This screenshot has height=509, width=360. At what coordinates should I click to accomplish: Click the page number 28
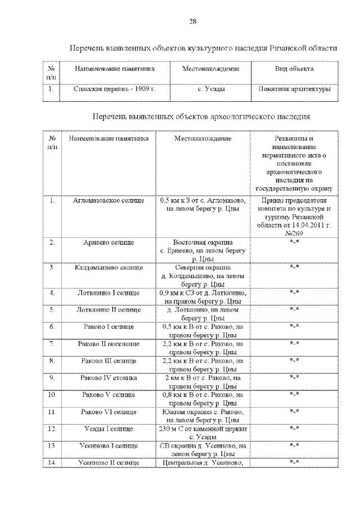pos(192,21)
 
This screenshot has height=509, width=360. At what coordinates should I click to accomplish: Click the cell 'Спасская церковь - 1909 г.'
pos(107,89)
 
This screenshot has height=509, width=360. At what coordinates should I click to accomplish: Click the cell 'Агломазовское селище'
pos(109,201)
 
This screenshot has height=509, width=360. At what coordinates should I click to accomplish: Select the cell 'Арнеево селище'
pos(109,242)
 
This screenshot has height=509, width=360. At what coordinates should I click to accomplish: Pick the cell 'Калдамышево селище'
pos(109,267)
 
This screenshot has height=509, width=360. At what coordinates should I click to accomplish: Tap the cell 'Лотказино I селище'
pos(109,292)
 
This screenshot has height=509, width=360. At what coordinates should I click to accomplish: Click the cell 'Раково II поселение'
pos(109,343)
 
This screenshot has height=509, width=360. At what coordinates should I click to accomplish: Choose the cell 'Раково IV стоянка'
pos(109,377)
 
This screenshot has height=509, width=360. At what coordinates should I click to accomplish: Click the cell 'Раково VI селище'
pos(109,412)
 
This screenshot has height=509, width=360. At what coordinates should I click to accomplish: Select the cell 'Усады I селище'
pos(109,429)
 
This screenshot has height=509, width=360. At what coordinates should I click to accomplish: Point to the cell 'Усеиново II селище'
pos(109,462)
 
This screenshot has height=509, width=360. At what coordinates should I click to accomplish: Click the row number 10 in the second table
pos(52,395)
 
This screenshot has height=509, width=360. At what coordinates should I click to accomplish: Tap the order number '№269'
pos(294,233)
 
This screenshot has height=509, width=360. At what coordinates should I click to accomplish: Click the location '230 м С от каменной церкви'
pos(202,429)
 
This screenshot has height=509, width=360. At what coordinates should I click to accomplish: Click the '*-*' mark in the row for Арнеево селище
pos(294,242)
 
